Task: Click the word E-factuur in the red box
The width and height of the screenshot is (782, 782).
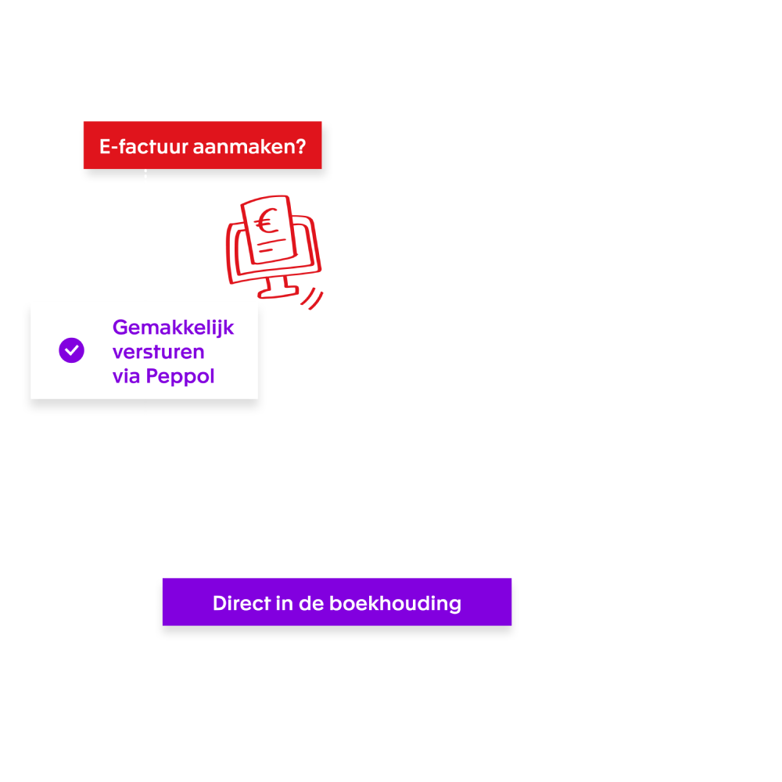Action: coord(137,146)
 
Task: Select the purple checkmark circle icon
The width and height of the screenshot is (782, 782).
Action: coord(71,350)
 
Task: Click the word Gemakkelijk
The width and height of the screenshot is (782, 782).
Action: coord(173,327)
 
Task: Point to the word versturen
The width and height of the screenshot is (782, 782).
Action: coord(158,352)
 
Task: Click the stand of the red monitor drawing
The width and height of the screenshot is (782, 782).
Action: coord(278,287)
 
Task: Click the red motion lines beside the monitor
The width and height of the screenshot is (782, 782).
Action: coord(313,299)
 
